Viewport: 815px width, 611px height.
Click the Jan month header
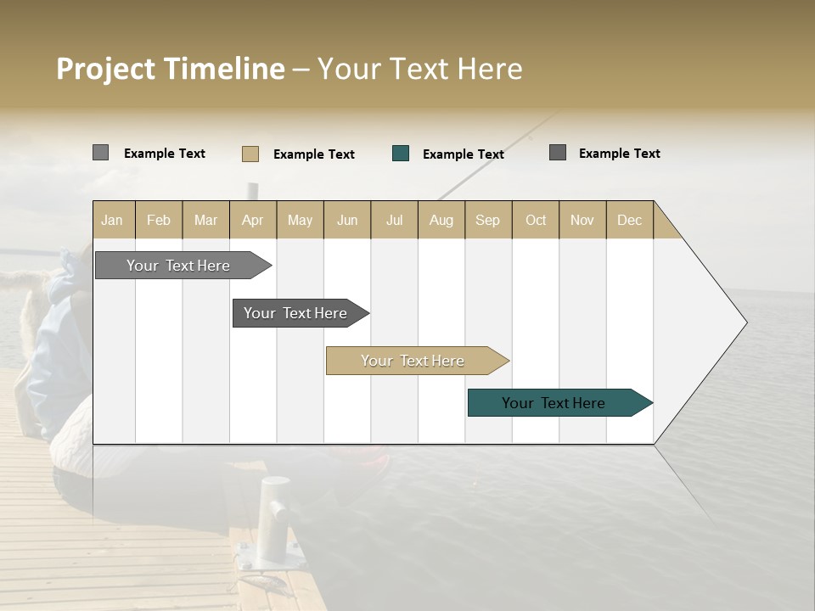(x=113, y=220)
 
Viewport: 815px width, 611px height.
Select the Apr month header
(x=253, y=220)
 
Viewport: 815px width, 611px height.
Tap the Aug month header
(x=441, y=220)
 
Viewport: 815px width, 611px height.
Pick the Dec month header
(x=629, y=220)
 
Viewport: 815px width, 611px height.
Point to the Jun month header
(x=347, y=220)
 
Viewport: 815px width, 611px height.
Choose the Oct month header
(x=536, y=220)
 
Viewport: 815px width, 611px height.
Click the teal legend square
(x=401, y=154)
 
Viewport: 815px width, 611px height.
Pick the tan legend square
(x=250, y=154)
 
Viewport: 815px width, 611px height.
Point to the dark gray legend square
(x=558, y=153)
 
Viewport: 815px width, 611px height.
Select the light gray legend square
(x=101, y=153)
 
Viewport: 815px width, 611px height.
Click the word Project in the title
(x=107, y=70)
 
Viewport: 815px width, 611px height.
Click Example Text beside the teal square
(x=463, y=154)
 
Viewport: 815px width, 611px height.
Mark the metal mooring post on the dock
(x=274, y=518)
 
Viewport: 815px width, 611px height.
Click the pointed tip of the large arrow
(x=745, y=322)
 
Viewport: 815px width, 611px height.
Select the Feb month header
(x=159, y=220)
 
